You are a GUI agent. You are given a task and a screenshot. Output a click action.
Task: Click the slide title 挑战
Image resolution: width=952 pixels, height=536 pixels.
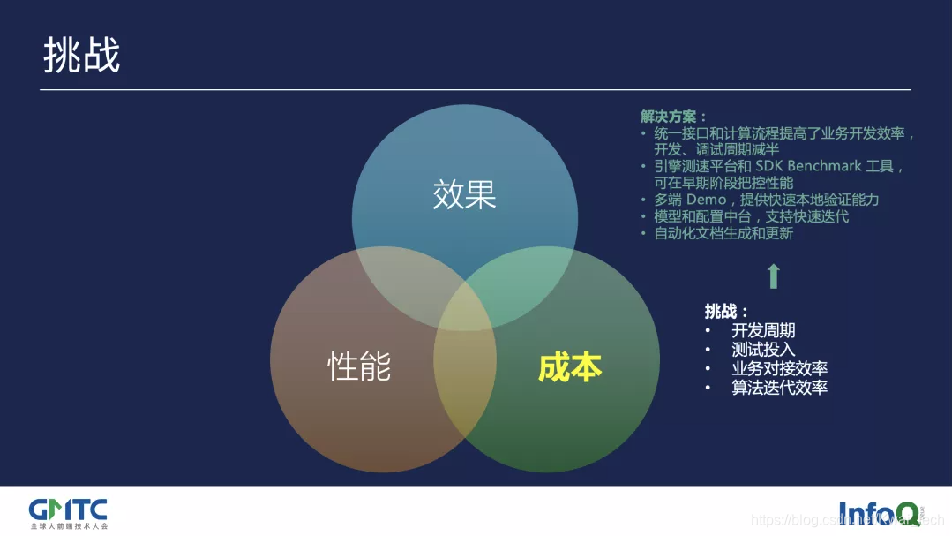(x=82, y=57)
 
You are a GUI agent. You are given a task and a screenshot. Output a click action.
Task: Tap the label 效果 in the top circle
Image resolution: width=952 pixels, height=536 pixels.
(x=464, y=195)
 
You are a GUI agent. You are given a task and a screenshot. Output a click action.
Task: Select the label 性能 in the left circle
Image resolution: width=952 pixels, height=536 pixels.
(x=359, y=366)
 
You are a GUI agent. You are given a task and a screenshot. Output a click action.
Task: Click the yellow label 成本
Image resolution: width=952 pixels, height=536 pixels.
(x=570, y=367)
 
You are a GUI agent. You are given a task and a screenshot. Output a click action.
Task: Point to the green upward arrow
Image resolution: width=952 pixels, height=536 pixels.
(x=773, y=276)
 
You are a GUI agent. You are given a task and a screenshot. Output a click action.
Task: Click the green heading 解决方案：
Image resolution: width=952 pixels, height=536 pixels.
(x=674, y=117)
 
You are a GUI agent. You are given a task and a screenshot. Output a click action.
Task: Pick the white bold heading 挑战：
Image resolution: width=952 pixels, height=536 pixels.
(x=727, y=311)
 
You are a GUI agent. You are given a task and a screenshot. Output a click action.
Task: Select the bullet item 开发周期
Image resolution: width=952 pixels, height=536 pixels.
(x=763, y=330)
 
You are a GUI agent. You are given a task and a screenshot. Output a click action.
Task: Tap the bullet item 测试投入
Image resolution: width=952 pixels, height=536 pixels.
(x=763, y=350)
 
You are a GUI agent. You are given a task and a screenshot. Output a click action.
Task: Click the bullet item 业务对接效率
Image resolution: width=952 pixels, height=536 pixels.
(x=779, y=368)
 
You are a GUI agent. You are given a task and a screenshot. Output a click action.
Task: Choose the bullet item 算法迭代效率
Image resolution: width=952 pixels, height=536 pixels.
(x=779, y=387)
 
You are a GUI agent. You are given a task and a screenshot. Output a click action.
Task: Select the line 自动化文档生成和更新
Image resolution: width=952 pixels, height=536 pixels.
(x=723, y=233)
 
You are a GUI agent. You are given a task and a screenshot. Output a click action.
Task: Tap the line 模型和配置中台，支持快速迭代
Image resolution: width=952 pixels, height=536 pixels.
(x=751, y=216)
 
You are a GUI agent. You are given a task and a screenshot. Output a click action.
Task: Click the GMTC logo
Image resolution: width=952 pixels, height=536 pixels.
(x=68, y=510)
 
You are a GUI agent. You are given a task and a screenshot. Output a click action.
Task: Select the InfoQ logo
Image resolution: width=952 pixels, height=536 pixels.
(x=879, y=512)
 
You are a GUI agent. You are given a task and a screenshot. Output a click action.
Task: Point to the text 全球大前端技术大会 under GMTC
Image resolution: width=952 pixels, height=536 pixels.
(x=68, y=525)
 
